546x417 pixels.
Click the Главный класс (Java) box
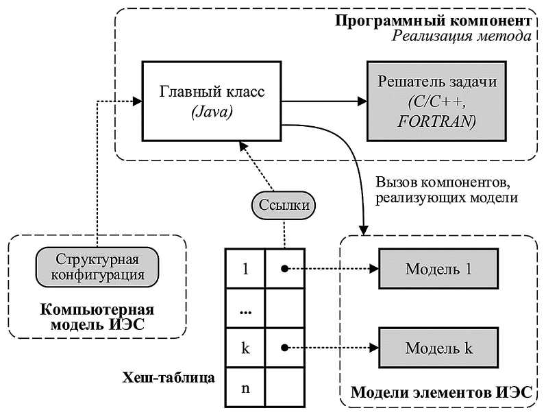click(x=212, y=99)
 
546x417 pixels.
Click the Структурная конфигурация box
click(x=97, y=268)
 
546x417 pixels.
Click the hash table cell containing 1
click(x=245, y=269)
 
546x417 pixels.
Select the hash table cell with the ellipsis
click(x=245, y=309)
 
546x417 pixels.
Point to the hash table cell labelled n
click(x=245, y=388)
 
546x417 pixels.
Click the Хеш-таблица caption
click(x=168, y=377)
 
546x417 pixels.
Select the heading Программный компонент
click(x=434, y=19)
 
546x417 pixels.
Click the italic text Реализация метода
click(x=462, y=36)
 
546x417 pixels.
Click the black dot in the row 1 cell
click(x=283, y=269)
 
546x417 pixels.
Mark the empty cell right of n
click(x=283, y=388)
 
